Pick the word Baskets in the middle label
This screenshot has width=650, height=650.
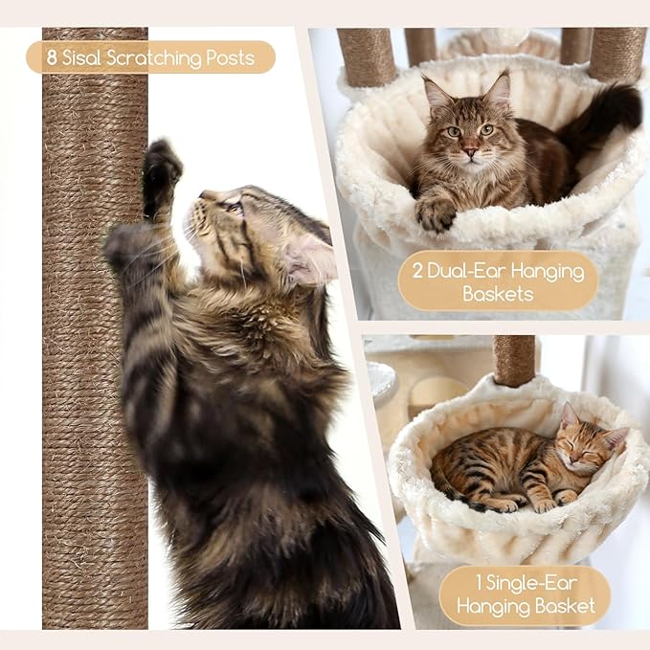pos(498,294)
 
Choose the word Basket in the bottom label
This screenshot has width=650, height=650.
pos(566,606)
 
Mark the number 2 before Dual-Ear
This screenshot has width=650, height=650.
pos(417,271)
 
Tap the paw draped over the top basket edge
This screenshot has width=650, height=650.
pos(436,213)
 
